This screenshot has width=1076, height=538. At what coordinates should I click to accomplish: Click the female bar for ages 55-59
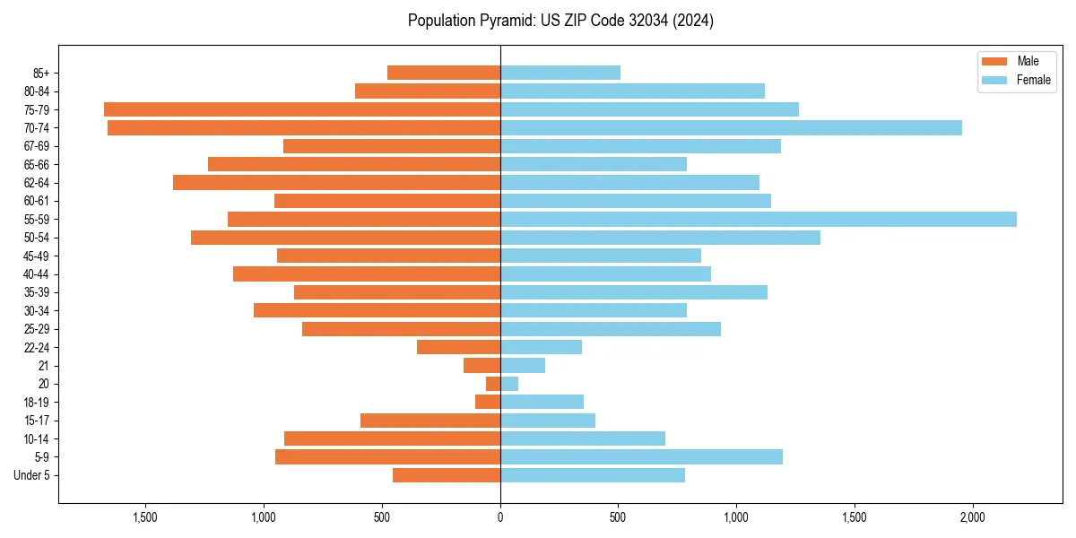point(758,220)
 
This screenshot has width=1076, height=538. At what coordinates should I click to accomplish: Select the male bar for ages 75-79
point(302,109)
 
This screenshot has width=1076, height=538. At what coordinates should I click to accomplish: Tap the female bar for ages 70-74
point(731,128)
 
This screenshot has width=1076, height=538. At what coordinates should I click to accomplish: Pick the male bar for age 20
point(493,384)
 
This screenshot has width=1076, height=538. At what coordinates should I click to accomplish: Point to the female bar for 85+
point(560,73)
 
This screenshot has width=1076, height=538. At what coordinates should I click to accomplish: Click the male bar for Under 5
point(447,475)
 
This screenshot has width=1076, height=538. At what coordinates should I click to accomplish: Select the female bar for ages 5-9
point(641,457)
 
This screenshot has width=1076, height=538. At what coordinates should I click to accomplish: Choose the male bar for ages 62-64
point(336,183)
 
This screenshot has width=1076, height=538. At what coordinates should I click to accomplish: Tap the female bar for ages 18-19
point(542,402)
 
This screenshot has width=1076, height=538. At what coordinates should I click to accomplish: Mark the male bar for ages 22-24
point(458,347)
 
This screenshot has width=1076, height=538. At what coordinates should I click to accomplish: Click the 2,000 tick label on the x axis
point(972,517)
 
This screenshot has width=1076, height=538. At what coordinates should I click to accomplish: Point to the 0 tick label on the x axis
point(500,517)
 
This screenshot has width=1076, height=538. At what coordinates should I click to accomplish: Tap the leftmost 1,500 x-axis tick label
point(145,517)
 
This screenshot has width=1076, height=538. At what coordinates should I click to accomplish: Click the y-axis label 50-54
point(37,238)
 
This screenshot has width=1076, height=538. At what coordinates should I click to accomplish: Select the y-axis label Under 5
point(32,475)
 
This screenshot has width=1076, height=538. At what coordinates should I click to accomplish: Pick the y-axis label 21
point(44,366)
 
